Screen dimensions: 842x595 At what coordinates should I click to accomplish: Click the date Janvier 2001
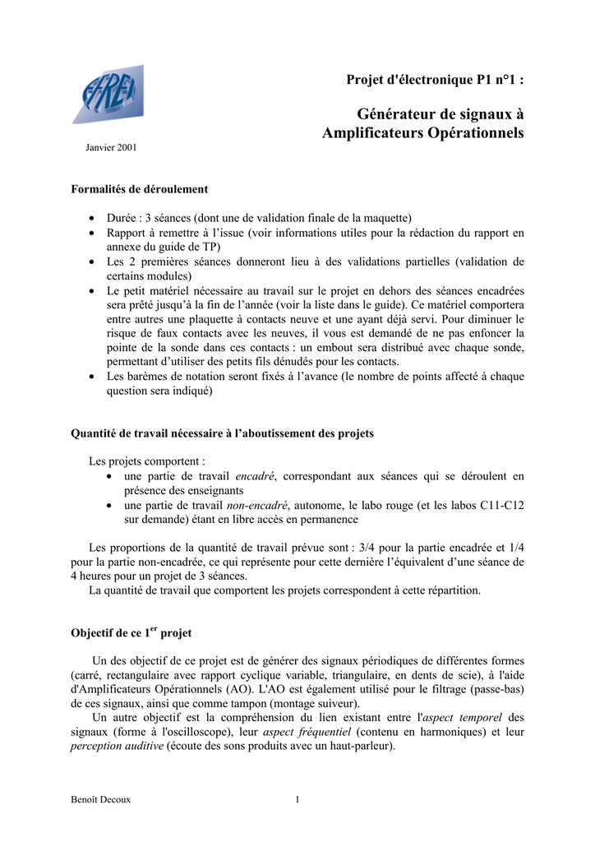111,148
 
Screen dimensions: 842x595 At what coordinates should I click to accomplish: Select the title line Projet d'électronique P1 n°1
435,80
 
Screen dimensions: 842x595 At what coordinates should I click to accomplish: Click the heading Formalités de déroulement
140,189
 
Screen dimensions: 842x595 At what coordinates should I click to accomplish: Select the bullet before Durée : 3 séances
90,219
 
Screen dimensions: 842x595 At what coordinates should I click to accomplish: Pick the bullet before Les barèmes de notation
90,377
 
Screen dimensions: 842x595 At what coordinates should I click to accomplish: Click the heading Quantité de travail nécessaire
222,433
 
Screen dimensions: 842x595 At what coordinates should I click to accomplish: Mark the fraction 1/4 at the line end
516,548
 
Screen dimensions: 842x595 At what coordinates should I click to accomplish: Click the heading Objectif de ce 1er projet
131,633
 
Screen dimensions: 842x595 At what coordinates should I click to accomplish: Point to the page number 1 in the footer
297,798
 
